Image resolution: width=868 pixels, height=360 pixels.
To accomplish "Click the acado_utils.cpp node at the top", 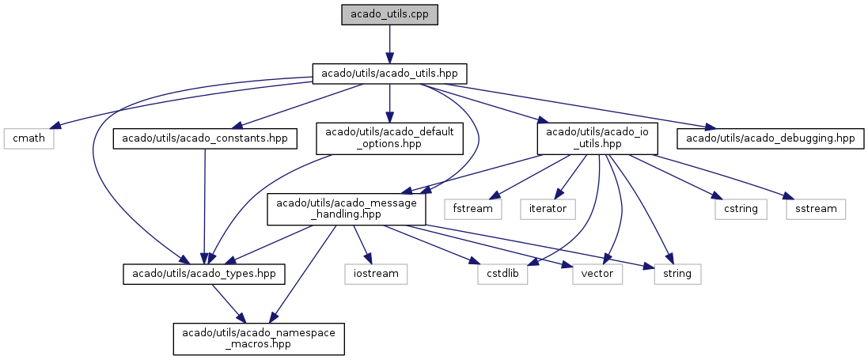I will pos(389,15).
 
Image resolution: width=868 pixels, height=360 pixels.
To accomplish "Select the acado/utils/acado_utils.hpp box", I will pos(389,74).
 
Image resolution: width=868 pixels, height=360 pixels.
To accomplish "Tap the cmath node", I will pos(28,138).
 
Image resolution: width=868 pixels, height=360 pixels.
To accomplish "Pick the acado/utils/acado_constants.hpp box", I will pos(206,138).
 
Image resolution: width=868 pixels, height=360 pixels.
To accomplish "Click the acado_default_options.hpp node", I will pos(389,138).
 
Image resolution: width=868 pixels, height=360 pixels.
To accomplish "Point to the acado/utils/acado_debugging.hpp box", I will pos(769,138).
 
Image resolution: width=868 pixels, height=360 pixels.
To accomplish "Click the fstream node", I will pos(473,209).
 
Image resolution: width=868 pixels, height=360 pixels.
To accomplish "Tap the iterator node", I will pos(548,209).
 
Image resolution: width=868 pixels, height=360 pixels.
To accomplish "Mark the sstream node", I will pos(815,209).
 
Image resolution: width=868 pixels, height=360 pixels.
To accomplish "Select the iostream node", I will pos(376,274).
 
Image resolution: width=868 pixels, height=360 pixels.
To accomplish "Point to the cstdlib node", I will pos(503,274).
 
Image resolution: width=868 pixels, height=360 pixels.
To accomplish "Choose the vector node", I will pos(597,274).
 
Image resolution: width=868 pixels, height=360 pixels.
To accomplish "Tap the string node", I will pos(678,274).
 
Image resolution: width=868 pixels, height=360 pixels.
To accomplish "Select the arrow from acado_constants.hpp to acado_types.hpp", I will pos(205,206).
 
